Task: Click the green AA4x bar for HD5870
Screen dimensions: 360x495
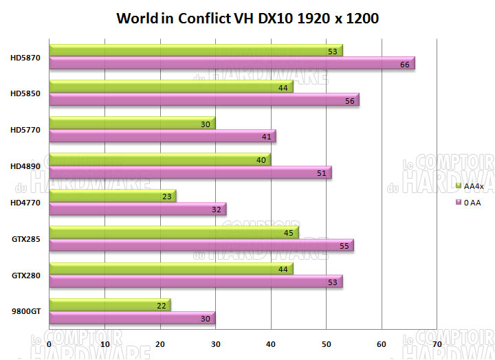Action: (196, 50)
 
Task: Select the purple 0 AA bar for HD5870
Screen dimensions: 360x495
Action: (232, 63)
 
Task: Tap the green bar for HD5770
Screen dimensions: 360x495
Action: (132, 123)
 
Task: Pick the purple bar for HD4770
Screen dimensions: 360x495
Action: (137, 209)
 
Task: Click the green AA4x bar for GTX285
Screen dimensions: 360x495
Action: (174, 232)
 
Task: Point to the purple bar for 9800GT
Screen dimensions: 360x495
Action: (132, 318)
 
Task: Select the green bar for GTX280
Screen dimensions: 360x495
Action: (171, 269)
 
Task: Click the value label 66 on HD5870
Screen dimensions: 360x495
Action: (405, 64)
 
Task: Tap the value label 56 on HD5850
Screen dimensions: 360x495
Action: (349, 100)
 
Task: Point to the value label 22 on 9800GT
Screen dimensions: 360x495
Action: (161, 305)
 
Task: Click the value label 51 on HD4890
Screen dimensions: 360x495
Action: (322, 173)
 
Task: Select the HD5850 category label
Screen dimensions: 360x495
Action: (26, 93)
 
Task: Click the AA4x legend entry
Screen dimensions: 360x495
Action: (472, 186)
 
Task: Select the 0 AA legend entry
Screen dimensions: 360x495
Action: (472, 202)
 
